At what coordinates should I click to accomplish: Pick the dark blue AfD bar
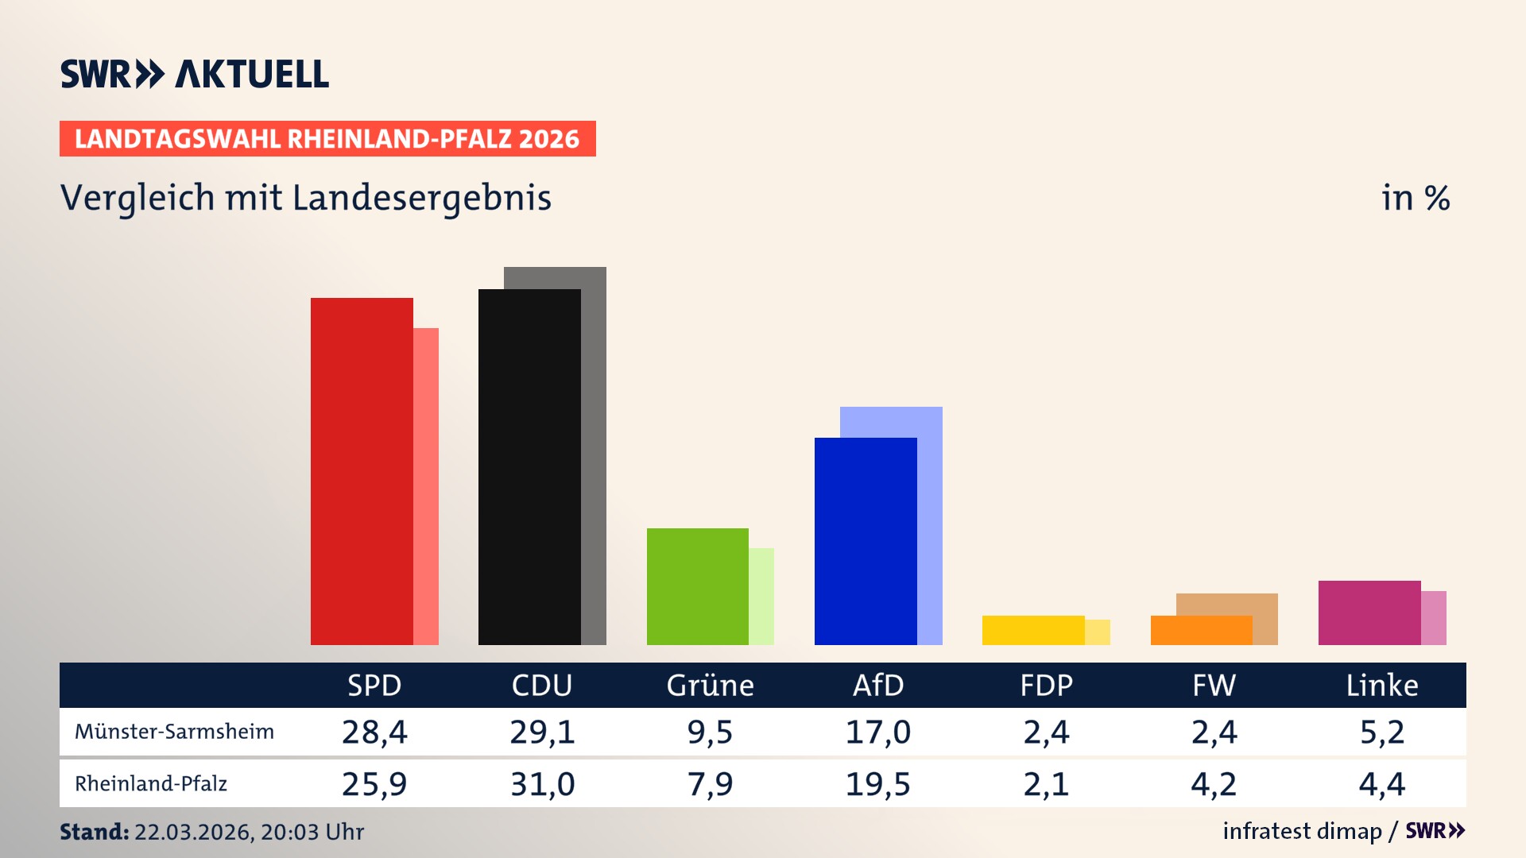(866, 541)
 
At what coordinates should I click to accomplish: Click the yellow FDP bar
(1033, 630)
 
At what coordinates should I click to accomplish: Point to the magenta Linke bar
(1369, 613)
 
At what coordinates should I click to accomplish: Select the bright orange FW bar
(1201, 630)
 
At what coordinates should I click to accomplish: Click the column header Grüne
(710, 686)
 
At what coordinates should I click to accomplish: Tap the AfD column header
(878, 686)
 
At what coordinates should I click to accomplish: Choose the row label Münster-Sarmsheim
(174, 732)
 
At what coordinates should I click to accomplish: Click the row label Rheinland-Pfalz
(151, 784)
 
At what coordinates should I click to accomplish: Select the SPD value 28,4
(374, 732)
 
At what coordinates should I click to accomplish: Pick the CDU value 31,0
(542, 784)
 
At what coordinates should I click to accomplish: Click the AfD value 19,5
(878, 784)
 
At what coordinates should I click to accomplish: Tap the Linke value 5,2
(1382, 732)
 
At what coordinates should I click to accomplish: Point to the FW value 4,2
(1214, 784)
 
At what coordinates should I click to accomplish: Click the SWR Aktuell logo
(194, 74)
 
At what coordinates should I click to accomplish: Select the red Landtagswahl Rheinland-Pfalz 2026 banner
(327, 139)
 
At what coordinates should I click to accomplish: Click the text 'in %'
(1416, 198)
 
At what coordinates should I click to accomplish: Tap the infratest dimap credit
(1302, 831)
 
